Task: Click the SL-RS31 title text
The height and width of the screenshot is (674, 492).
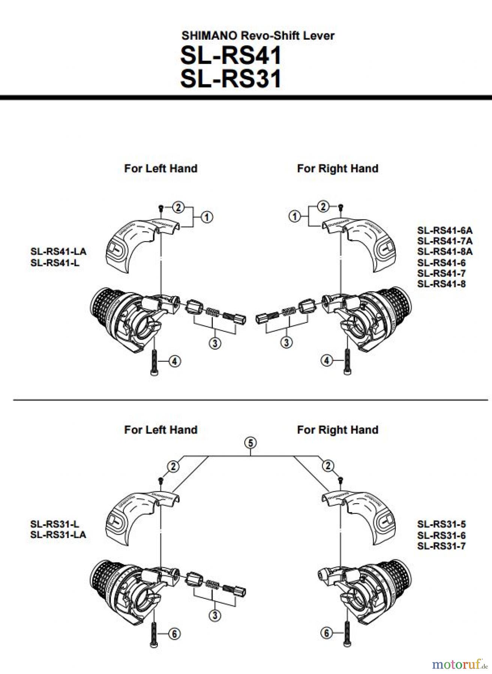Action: (230, 79)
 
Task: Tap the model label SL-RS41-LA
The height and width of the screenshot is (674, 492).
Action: (58, 251)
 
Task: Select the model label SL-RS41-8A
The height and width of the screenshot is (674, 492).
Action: (445, 252)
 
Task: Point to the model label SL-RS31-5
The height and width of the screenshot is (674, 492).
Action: (441, 524)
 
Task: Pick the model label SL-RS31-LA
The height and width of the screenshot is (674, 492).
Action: (58, 534)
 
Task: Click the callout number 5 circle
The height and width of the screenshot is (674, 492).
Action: (250, 443)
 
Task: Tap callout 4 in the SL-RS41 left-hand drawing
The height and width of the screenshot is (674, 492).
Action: (175, 361)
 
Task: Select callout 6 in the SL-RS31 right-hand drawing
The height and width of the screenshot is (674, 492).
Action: (327, 634)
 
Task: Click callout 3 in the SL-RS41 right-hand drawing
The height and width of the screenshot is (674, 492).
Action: (287, 342)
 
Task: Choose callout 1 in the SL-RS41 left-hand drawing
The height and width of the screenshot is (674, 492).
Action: (206, 217)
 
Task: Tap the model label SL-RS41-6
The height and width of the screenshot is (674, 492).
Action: (441, 262)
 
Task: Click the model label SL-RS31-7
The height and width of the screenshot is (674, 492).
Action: (441, 546)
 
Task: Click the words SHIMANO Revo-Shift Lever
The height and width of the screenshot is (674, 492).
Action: (258, 36)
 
